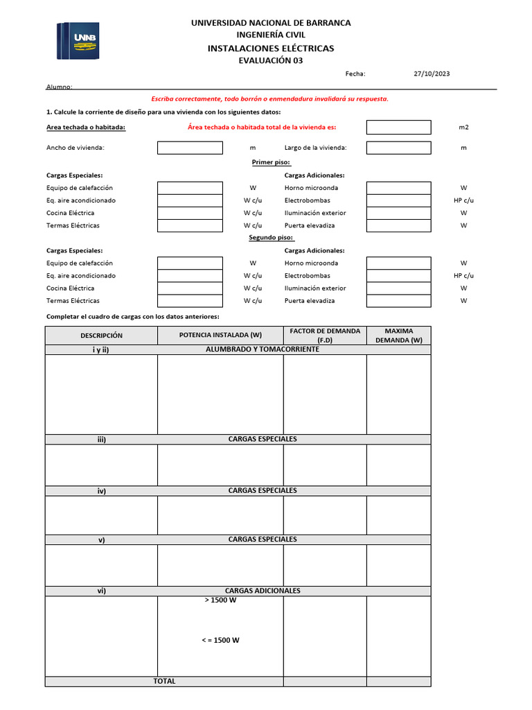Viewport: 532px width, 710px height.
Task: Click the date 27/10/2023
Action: (x=432, y=73)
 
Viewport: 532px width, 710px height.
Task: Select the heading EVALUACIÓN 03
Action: (x=270, y=60)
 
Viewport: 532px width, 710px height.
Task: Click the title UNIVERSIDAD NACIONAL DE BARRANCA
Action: (x=271, y=23)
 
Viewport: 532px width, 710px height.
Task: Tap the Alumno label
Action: (x=59, y=87)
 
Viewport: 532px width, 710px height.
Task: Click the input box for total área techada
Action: (x=398, y=128)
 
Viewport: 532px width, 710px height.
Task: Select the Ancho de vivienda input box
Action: (x=190, y=148)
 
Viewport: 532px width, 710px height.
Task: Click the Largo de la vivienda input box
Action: (x=398, y=148)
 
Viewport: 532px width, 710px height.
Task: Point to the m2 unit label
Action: (x=463, y=128)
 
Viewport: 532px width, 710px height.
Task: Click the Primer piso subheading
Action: (x=271, y=162)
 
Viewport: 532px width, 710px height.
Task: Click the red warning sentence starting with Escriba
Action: (x=270, y=98)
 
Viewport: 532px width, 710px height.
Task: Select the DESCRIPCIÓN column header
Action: (x=101, y=336)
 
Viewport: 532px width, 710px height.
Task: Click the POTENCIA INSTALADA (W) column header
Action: (x=220, y=336)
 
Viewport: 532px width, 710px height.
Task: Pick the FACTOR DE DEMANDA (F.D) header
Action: (x=325, y=336)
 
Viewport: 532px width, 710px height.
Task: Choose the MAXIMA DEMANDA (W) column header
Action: (x=398, y=336)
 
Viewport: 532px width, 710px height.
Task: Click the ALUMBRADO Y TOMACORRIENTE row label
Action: (x=263, y=349)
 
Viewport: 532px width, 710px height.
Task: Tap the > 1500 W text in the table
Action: (x=220, y=600)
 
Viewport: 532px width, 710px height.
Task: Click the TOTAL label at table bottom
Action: (x=164, y=681)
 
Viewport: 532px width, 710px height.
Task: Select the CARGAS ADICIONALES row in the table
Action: (x=263, y=591)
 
